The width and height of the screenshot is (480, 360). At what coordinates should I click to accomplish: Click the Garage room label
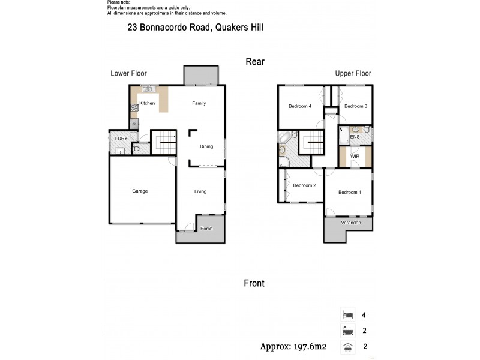140,191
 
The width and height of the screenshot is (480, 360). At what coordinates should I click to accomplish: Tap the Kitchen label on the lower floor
147,104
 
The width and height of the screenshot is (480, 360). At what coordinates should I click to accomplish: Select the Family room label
199,103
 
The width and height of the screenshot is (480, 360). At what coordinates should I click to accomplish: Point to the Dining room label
206,145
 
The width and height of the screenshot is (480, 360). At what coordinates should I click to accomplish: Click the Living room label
200,191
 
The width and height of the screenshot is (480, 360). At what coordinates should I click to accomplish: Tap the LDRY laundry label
120,139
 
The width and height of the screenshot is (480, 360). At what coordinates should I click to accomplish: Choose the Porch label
206,229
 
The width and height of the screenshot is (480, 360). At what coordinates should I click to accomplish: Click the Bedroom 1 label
349,193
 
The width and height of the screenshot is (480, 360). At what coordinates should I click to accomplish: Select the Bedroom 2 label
304,185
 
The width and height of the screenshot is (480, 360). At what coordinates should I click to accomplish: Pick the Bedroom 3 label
355,106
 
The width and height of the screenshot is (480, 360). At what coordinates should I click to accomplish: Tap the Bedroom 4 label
300,106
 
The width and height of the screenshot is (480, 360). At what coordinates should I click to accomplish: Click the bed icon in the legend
347,314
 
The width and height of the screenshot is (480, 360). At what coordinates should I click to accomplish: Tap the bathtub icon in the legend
347,329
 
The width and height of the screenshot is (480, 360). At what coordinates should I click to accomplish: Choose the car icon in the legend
347,346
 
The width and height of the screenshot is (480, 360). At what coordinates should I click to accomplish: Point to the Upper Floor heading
353,74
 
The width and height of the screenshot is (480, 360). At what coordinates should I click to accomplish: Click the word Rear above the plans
255,61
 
